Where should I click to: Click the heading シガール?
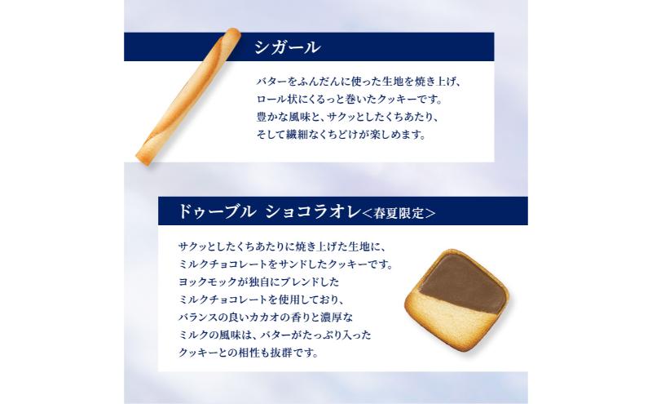pos(288,47)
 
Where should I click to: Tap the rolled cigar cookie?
pos(188,96)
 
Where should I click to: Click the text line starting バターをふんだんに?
pos(359,82)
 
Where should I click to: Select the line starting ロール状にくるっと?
pos(349,100)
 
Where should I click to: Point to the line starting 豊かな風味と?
pos(348,117)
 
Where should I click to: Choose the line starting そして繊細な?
pos(341,135)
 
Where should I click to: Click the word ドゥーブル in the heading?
pos(216,211)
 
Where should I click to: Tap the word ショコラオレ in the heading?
pos(313,211)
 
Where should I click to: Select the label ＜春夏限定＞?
pos(399,213)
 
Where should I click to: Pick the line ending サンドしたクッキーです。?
pos(286,264)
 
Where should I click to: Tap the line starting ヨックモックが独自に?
pos(259,282)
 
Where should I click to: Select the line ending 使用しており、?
pos(261,300)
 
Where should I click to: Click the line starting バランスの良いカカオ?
pos(266,317)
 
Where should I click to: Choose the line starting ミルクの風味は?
pos(275,335)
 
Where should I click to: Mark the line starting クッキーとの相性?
pos(249,353)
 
